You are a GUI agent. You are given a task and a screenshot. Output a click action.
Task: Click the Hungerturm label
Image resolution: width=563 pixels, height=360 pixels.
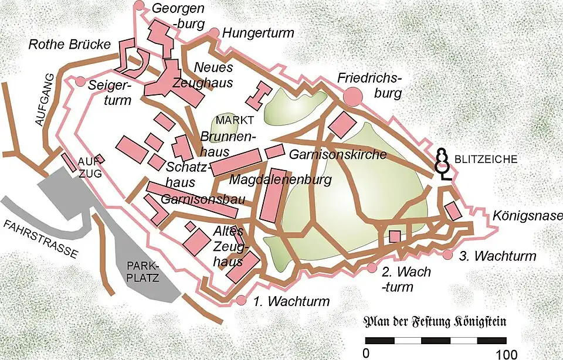[258, 33]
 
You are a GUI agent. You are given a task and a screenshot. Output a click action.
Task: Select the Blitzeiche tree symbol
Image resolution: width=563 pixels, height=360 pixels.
[444, 162]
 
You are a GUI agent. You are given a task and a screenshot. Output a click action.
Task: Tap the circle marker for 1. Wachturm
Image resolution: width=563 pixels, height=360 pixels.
[241, 301]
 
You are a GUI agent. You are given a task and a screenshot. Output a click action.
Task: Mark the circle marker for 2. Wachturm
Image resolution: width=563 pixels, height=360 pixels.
[371, 268]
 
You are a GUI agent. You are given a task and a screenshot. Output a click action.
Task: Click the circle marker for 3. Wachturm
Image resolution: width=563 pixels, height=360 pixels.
[448, 255]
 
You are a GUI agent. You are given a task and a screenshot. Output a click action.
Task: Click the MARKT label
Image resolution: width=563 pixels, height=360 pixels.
[235, 120]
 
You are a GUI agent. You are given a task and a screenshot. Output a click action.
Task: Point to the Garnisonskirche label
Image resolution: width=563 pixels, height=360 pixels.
[338, 155]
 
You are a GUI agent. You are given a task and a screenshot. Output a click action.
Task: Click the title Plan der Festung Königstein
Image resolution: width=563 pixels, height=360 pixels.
[435, 322]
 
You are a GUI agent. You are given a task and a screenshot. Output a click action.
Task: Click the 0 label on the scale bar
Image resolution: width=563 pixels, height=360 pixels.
[365, 354]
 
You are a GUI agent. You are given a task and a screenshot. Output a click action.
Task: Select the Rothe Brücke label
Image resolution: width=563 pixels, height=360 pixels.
[69, 45]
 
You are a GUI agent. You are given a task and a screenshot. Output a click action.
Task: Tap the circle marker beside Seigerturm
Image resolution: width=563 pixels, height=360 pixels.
[80, 82]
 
